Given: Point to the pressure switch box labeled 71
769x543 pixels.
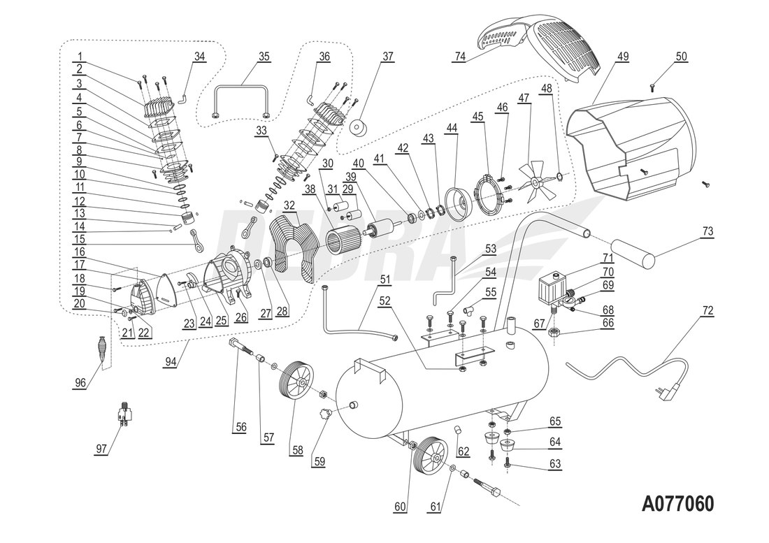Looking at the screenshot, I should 552,287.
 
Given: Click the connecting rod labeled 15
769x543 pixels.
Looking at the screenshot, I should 198,240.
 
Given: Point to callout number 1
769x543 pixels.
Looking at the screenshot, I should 80,57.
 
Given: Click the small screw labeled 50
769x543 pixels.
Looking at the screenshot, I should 652,87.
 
